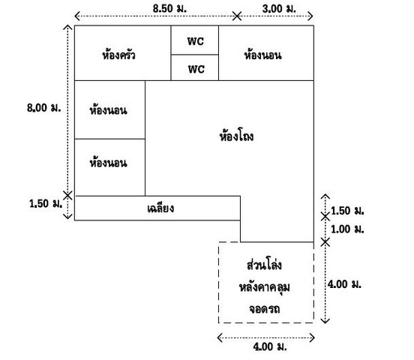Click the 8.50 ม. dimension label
click(169, 8)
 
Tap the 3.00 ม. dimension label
click(279, 9)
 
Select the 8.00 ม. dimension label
click(43, 107)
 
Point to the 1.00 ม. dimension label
click(347, 229)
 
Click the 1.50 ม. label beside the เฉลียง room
click(46, 203)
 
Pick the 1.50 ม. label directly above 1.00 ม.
click(347, 211)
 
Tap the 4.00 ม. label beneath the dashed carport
click(270, 346)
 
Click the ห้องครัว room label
click(118, 55)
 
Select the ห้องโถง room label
click(236, 136)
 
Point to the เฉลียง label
click(160, 208)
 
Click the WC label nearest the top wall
click(196, 41)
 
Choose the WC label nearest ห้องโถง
click(196, 69)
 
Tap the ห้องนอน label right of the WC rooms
click(262, 55)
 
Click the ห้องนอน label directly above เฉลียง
click(108, 163)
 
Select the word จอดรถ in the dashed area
click(265, 308)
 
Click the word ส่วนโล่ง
click(264, 264)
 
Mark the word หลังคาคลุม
click(265, 287)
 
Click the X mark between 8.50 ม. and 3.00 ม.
click(237, 16)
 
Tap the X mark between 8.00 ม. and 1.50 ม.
click(67, 196)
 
